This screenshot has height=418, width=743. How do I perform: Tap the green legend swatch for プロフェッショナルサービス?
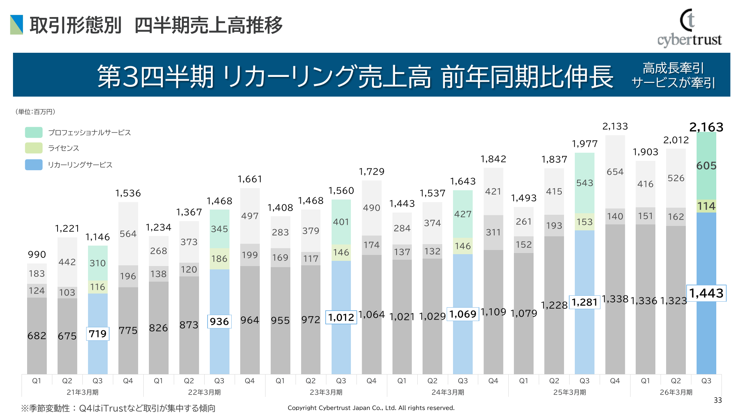click(34, 133)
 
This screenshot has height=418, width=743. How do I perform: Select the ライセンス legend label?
click(63, 148)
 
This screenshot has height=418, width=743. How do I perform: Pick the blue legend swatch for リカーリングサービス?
click(34, 165)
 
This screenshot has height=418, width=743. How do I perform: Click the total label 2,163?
click(706, 127)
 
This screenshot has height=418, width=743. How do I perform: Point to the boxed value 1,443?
click(706, 294)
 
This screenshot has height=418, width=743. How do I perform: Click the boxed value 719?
click(98, 334)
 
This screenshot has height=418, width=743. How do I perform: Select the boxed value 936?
click(219, 321)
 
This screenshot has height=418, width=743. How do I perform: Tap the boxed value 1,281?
click(584, 302)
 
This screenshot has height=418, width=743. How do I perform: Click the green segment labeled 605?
click(706, 166)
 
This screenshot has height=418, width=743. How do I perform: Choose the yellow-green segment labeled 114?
click(706, 206)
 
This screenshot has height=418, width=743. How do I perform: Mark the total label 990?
click(37, 255)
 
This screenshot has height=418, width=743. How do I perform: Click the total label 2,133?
click(615, 127)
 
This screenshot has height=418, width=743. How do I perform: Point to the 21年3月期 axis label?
click(82, 392)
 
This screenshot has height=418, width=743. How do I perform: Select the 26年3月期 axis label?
click(676, 392)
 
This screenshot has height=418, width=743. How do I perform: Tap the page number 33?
click(718, 400)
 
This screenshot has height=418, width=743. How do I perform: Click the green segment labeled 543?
click(584, 183)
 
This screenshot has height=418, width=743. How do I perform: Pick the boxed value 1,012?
click(341, 318)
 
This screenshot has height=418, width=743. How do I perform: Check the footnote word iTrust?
click(114, 408)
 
